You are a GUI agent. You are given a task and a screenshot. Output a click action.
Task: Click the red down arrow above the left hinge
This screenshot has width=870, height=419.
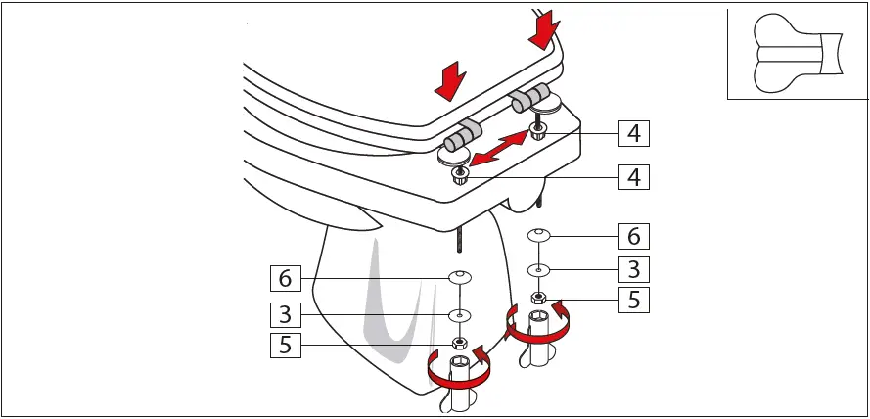450,81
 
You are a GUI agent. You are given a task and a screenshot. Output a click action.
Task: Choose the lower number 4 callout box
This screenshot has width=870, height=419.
635,178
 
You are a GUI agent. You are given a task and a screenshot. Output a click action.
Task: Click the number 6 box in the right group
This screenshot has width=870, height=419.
635,236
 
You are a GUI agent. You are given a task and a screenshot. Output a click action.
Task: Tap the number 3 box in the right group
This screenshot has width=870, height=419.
635,268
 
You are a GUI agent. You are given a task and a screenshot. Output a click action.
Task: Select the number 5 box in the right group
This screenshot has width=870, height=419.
635,301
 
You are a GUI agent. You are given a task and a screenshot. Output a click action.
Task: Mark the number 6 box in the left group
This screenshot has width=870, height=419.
285,278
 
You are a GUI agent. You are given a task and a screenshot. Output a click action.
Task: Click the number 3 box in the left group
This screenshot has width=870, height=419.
285,314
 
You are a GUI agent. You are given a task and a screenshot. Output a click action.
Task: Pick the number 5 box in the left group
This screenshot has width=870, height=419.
285,345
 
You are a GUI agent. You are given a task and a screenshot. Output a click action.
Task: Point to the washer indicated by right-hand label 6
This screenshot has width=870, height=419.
538,235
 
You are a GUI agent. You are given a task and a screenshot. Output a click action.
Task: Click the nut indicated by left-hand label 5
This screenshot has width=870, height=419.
458,344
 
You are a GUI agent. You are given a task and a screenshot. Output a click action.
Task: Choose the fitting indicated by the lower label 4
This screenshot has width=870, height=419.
460,176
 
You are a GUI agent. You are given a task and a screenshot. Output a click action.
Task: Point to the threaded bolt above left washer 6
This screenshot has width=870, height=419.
459,239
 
